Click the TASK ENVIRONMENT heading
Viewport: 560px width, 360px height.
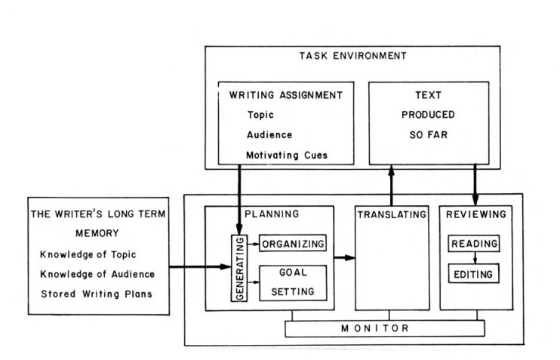[x=352, y=56]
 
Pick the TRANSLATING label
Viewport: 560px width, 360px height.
[x=391, y=214]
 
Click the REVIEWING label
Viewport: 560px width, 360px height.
[x=475, y=214]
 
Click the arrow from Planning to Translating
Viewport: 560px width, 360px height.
[x=343, y=258]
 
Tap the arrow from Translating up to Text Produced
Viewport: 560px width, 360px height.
[x=391, y=186]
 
